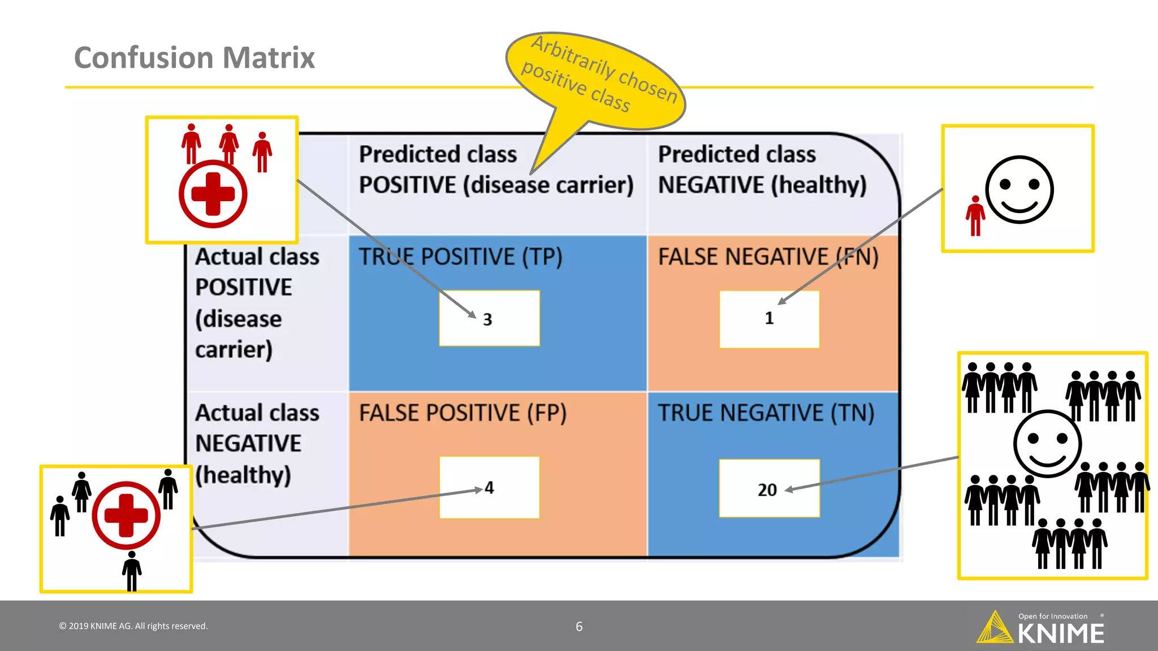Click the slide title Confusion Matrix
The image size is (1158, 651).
click(194, 58)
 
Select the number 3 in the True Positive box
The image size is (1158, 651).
click(487, 320)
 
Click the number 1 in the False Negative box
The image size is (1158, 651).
click(769, 318)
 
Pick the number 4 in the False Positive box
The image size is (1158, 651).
click(489, 488)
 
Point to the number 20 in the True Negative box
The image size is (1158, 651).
click(767, 490)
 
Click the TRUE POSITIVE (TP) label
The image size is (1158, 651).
click(461, 257)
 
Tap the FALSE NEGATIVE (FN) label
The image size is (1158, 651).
click(768, 257)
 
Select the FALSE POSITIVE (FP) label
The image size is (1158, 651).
click(463, 413)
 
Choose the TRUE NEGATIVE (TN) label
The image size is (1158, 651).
click(766, 413)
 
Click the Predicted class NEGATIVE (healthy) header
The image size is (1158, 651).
click(762, 170)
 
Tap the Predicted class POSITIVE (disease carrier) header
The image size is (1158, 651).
click(496, 170)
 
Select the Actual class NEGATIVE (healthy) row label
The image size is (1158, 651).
click(257, 444)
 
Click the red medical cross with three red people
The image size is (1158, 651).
click(213, 194)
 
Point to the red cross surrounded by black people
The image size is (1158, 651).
click(126, 515)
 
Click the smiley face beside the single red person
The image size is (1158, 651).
click(1019, 190)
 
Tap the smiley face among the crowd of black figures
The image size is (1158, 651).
click(1047, 444)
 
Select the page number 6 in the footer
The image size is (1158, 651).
click(579, 626)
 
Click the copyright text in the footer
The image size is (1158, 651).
click(133, 626)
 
